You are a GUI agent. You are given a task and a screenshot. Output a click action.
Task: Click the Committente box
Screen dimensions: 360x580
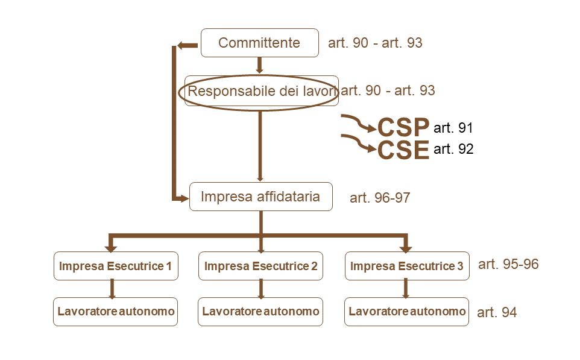click(259, 43)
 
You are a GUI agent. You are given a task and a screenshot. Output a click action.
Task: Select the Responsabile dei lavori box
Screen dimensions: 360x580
click(261, 92)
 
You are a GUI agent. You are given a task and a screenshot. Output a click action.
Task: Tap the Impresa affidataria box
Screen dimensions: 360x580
click(260, 197)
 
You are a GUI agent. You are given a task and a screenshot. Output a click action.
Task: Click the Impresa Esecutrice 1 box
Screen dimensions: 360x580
click(116, 266)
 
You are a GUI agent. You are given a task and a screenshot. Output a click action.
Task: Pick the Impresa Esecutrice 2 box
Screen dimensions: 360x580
click(260, 266)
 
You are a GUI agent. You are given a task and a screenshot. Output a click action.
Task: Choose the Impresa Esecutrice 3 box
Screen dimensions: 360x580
click(407, 266)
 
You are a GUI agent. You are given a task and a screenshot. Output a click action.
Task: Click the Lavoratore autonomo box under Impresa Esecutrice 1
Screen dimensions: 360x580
click(116, 312)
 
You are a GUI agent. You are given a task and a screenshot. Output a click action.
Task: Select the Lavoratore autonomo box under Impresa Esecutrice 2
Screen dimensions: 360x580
click(260, 312)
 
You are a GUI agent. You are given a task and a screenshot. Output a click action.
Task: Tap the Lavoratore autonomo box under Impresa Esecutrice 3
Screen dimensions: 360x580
click(407, 312)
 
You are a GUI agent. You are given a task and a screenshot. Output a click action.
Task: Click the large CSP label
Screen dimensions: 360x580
click(403, 127)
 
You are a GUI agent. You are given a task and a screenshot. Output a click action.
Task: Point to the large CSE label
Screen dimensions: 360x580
click(403, 150)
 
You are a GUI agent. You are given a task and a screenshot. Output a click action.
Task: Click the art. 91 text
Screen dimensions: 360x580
click(453, 128)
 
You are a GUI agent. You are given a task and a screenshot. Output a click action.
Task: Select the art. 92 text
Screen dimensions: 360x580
click(453, 149)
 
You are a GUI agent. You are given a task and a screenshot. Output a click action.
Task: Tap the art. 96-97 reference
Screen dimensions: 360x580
click(380, 198)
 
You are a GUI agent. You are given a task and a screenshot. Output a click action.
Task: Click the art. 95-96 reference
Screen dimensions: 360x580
click(508, 264)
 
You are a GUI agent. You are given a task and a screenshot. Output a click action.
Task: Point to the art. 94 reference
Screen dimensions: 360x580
click(497, 313)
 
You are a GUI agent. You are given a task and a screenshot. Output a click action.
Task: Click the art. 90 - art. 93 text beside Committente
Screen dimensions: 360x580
click(375, 43)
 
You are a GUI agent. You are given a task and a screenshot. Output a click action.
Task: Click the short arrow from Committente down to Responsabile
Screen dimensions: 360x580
click(260, 65)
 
